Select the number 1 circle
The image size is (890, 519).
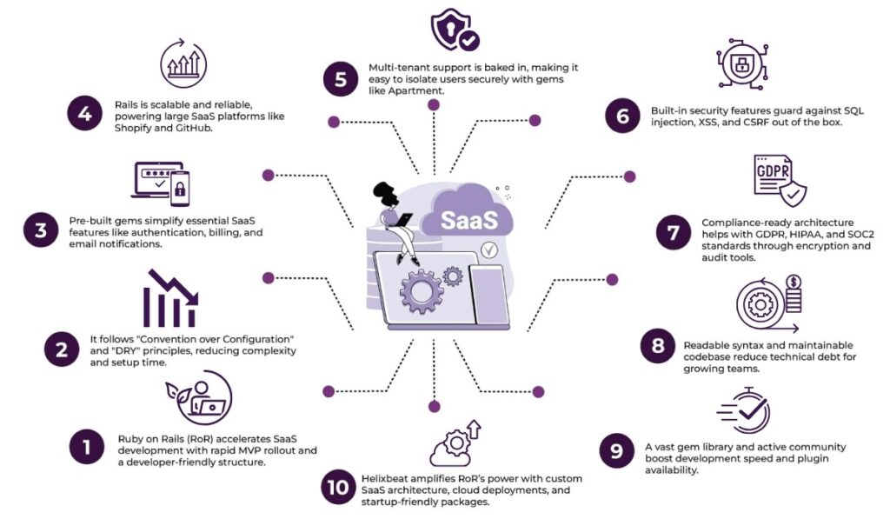tap(87, 449)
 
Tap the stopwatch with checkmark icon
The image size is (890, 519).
tap(745, 410)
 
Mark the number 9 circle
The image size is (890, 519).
tap(615, 451)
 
